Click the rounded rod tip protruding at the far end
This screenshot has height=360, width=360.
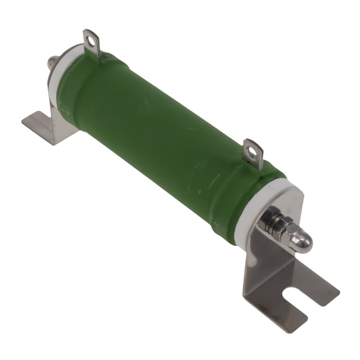(52, 63)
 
